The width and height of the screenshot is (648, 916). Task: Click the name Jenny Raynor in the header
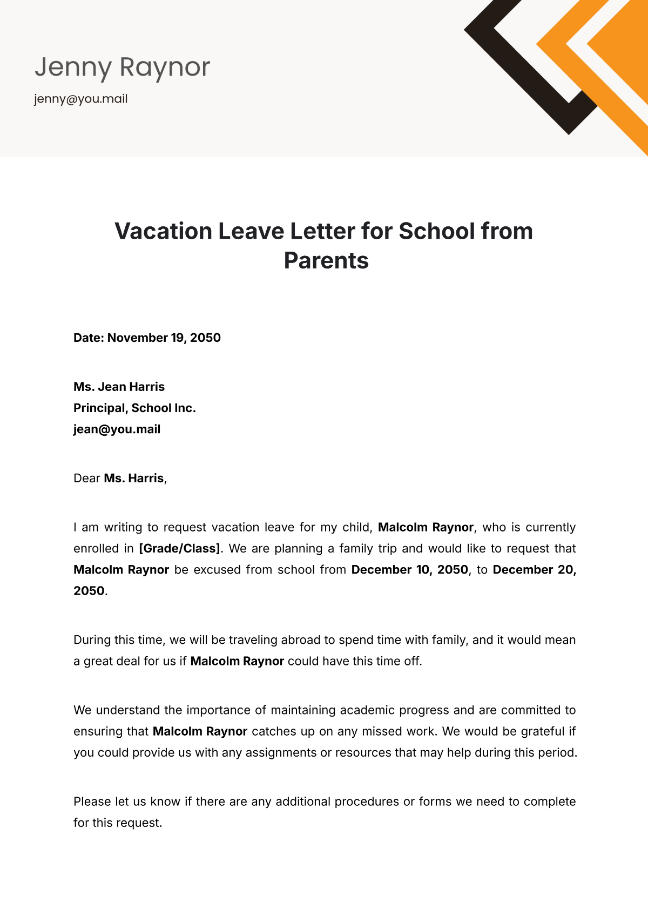(123, 68)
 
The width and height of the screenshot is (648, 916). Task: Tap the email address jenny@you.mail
(81, 99)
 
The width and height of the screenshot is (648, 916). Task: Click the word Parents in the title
(326, 261)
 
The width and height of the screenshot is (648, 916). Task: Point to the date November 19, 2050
(164, 338)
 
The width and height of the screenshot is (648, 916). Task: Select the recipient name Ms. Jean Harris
(119, 387)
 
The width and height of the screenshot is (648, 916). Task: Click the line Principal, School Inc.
(134, 408)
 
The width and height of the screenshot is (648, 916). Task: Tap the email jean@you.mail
(117, 429)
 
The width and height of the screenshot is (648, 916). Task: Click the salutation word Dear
(87, 479)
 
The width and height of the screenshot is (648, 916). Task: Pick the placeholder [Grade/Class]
(179, 549)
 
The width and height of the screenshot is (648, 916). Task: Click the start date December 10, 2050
(409, 570)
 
